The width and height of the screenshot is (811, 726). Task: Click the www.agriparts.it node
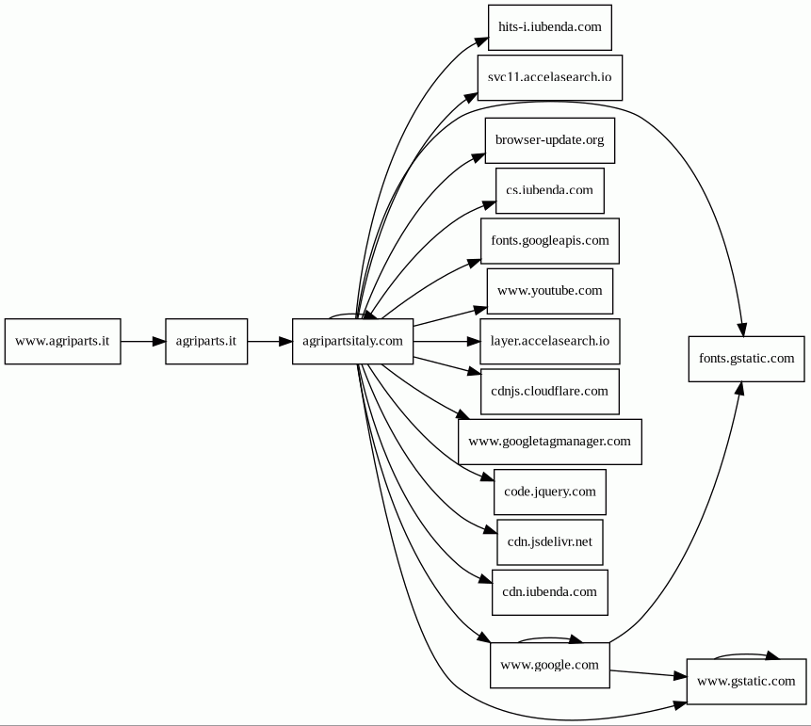(x=62, y=341)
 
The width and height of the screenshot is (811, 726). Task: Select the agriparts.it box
(x=206, y=341)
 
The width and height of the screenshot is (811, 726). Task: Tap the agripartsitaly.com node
(x=352, y=341)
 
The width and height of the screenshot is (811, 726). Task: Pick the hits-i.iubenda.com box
(x=550, y=27)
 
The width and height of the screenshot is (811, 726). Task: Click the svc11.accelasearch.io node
(x=550, y=77)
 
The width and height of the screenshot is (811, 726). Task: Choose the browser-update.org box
(x=550, y=140)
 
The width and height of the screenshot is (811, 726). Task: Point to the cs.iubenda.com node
(x=550, y=191)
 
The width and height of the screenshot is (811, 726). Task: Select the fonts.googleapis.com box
(x=550, y=241)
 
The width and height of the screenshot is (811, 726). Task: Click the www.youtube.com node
(x=550, y=291)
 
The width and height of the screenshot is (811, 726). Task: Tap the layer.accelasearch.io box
(x=550, y=341)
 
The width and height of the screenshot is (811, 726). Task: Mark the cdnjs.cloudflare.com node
(x=550, y=392)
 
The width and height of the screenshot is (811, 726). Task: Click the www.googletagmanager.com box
(x=550, y=442)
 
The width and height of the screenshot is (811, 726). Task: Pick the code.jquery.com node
(x=550, y=492)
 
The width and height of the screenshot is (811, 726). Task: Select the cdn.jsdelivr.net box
(x=550, y=542)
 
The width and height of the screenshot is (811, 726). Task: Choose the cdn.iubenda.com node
(x=550, y=592)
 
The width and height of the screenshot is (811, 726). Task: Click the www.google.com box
(x=550, y=666)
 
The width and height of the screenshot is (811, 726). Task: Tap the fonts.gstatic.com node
(x=746, y=359)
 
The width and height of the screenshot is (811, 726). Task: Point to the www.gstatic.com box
(x=746, y=682)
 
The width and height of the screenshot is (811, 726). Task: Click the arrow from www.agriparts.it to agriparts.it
(x=143, y=341)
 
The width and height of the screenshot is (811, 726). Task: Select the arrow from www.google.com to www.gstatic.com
(x=649, y=674)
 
